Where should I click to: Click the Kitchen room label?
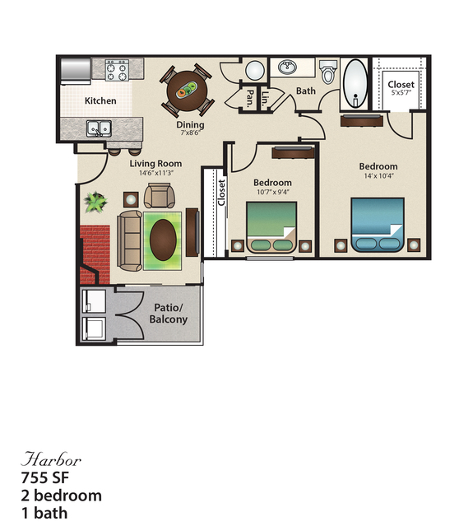point(100,101)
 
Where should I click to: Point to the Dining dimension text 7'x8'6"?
point(190,134)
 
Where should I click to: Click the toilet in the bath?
point(329,74)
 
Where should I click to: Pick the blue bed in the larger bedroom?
point(378,226)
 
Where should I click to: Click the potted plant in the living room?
point(95,201)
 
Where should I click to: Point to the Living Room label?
point(155,164)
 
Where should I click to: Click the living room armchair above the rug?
point(158,196)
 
